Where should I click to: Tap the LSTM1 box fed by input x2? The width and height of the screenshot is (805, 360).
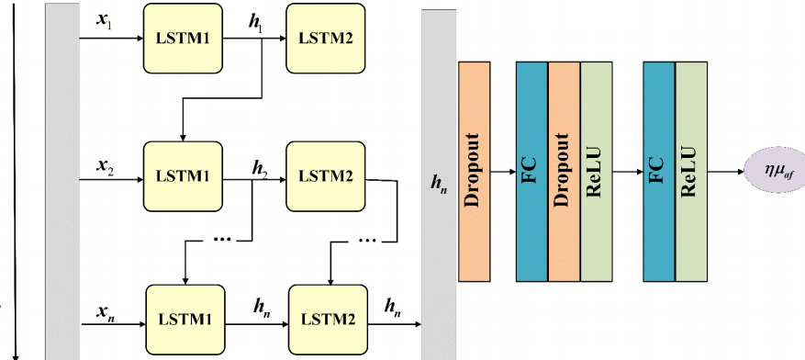click(x=183, y=175)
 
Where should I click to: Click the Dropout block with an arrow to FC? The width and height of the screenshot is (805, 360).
click(x=473, y=171)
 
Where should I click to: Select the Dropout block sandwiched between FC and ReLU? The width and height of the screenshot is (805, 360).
click(x=564, y=171)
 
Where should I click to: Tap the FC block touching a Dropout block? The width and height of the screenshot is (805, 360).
click(x=531, y=171)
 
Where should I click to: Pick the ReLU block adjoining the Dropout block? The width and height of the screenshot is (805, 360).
click(x=596, y=171)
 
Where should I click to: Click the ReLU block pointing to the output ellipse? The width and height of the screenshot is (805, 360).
click(x=692, y=171)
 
